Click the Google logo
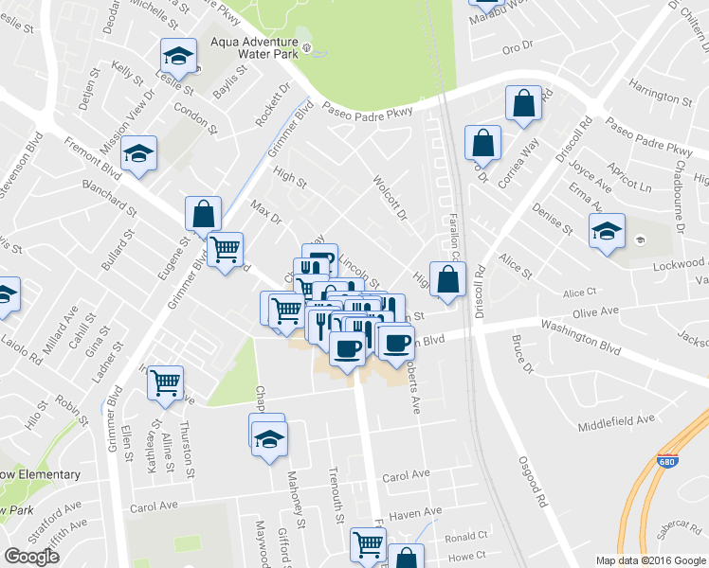31,557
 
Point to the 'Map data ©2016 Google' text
649,560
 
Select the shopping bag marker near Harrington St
523,105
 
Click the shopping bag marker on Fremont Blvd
204,214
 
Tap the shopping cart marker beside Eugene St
225,250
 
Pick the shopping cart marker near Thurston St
166,382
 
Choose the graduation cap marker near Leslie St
177,56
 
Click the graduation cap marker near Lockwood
607,230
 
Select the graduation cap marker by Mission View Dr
139,153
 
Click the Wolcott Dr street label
390,197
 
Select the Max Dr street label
266,211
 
